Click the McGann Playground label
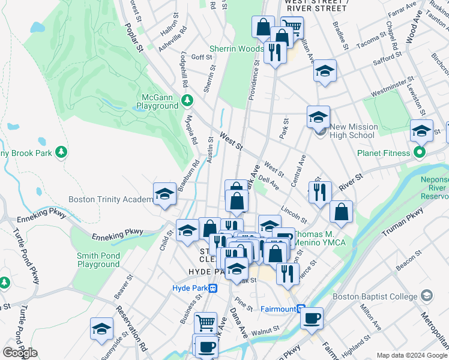160,101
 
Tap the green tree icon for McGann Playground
188,99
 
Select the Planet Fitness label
383,153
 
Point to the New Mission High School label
354,131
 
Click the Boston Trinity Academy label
111,199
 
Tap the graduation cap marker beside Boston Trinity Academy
165,194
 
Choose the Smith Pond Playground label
98,260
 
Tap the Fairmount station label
279,309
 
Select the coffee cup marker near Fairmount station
312,318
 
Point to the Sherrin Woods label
237,49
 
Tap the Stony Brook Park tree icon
60,152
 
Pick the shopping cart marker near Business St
206,322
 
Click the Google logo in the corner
20,353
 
